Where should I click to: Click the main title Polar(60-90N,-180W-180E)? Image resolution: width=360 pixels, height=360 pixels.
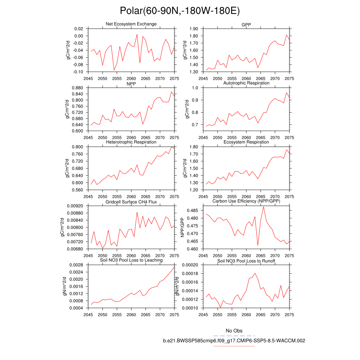[180, 11]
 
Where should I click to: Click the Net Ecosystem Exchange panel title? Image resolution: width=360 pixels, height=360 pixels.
[131, 24]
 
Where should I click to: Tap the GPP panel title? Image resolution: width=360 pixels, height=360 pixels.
[246, 24]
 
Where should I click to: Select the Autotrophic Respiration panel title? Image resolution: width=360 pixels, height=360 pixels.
[246, 83]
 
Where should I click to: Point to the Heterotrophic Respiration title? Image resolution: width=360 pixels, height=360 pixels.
[131, 142]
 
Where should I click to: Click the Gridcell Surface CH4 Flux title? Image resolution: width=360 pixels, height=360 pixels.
[131, 202]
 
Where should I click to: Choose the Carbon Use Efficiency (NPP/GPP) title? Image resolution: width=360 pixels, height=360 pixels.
[246, 201]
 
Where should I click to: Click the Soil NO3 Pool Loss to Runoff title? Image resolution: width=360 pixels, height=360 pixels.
[246, 261]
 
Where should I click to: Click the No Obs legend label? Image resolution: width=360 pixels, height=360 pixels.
[234, 331]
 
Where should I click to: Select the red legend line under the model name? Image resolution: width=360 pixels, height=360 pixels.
[234, 346]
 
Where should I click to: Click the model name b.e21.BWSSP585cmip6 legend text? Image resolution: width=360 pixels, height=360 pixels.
[234, 341]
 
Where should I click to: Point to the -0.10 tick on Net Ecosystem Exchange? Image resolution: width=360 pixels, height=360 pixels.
[78, 72]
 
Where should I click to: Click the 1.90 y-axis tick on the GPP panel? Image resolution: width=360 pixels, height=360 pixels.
[193, 29]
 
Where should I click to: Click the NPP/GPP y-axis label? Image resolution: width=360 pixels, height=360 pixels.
[182, 227]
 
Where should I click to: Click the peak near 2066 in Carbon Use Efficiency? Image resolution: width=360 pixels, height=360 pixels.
[264, 207]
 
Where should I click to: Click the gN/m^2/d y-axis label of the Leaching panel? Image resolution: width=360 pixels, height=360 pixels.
[65, 285]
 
